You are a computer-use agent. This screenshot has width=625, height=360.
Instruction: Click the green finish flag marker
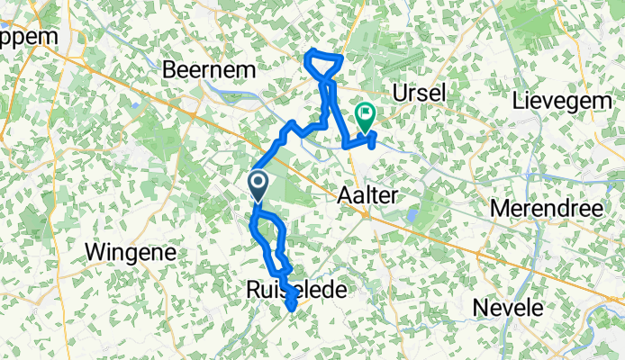366,114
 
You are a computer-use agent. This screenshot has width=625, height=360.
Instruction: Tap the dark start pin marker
258,184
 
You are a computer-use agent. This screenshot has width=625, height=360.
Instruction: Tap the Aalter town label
368,195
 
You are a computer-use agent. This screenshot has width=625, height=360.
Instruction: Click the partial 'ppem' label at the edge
27,38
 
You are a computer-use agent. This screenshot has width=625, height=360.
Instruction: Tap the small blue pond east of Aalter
412,216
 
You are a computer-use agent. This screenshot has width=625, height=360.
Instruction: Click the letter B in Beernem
168,68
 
